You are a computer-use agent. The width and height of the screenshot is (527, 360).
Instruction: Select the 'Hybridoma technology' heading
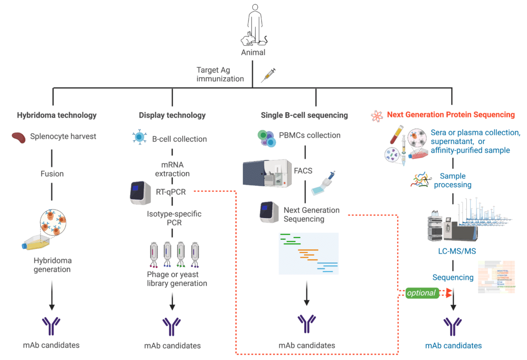point(56,115)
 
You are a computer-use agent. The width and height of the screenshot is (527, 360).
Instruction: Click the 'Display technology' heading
point(172,115)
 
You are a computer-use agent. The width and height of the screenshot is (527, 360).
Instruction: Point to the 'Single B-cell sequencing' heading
point(304,115)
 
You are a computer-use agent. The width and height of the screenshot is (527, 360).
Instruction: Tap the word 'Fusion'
point(52,174)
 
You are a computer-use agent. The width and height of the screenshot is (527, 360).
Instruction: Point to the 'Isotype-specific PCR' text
point(172,218)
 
